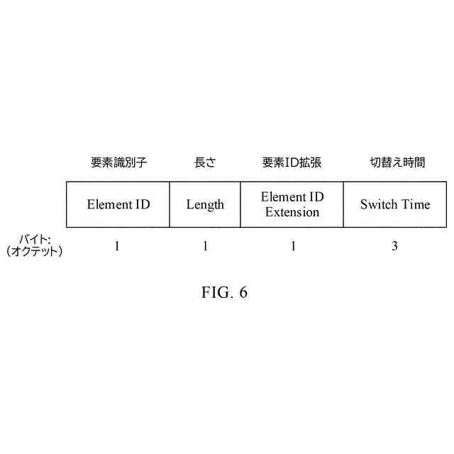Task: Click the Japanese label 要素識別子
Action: click(x=118, y=162)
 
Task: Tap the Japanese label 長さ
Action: click(x=205, y=162)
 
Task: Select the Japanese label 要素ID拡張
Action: click(x=292, y=162)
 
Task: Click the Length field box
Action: click(x=205, y=204)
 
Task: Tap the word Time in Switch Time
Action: click(x=416, y=204)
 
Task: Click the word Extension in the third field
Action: click(x=292, y=212)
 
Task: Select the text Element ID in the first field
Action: click(x=118, y=204)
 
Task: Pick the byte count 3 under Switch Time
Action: click(x=394, y=247)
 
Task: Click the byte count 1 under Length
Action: click(x=205, y=247)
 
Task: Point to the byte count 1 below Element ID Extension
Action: click(x=292, y=247)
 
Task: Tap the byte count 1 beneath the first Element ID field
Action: click(x=117, y=247)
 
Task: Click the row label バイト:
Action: click(x=35, y=239)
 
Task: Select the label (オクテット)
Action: click(x=35, y=251)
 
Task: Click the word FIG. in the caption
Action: click(x=214, y=292)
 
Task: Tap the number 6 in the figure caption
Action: click(x=243, y=292)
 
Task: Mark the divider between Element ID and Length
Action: click(x=170, y=204)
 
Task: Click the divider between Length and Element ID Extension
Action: click(x=240, y=204)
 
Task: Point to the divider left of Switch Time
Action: click(x=343, y=204)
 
